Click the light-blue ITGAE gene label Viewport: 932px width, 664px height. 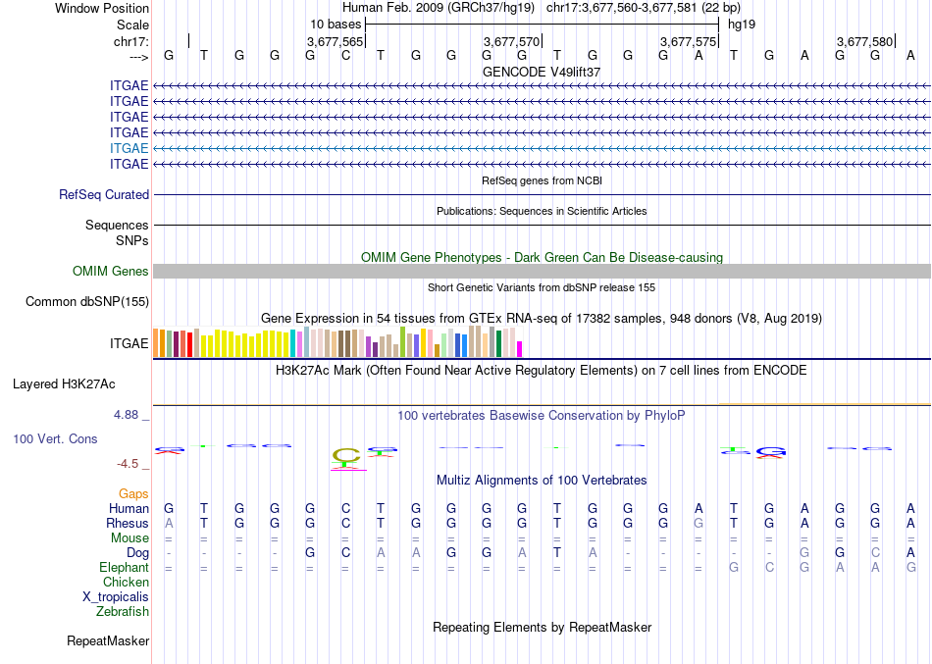click(x=129, y=148)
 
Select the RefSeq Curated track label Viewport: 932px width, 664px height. click(x=104, y=195)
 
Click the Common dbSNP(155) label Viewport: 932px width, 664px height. click(x=86, y=302)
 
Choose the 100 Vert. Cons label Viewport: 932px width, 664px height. click(x=55, y=439)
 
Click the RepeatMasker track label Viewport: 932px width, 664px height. click(x=108, y=641)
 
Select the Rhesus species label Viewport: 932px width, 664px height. click(x=127, y=524)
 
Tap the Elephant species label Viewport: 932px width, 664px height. click(x=124, y=568)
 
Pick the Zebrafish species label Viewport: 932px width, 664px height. click(x=123, y=612)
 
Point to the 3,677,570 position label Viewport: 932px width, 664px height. click(x=512, y=42)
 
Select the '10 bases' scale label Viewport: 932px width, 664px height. click(x=336, y=24)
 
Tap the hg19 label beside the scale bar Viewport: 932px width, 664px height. click(x=741, y=24)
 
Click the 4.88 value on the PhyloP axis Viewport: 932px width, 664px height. click(x=129, y=415)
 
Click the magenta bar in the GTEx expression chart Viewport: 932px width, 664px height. click(x=520, y=348)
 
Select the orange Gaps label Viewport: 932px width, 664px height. click(x=133, y=494)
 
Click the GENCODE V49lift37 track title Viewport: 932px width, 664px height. click(x=542, y=72)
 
